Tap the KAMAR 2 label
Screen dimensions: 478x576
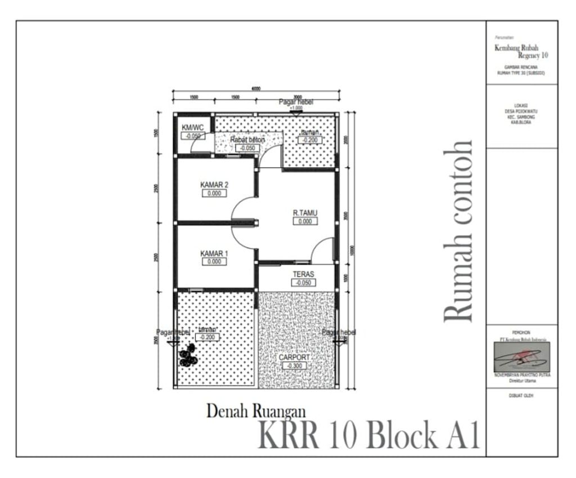tap(214, 185)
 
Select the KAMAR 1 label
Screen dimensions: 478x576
tap(214, 254)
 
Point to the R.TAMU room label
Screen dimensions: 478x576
tap(305, 213)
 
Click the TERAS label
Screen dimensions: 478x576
tap(303, 274)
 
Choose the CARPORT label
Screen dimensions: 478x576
tap(294, 358)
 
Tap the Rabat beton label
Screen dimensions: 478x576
tap(247, 140)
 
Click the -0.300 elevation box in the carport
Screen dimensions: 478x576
tap(294, 366)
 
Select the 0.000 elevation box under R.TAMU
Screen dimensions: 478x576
tap(305, 221)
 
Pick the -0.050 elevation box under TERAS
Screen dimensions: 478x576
tap(303, 283)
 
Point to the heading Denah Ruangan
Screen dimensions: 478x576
tap(256, 412)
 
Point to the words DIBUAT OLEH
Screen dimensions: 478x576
tap(522, 395)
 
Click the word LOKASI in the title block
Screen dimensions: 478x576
tap(522, 105)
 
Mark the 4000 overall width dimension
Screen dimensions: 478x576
tap(256, 89)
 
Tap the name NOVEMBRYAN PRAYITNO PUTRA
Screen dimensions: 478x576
tap(522, 374)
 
